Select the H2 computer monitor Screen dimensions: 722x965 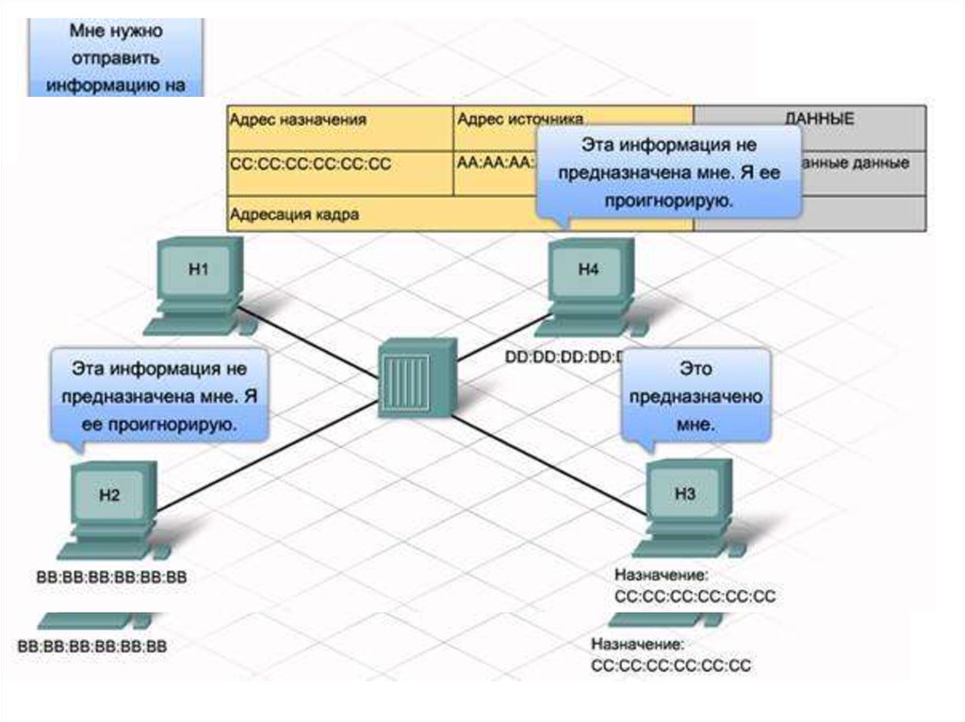110,496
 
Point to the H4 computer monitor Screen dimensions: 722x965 589,271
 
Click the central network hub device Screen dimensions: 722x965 416,377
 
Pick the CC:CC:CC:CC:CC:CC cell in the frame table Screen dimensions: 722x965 311,164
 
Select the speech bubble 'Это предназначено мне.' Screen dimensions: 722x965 695,396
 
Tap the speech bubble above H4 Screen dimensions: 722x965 668,173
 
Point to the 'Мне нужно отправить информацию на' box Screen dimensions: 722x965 116,56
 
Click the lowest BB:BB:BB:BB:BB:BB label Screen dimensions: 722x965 92,647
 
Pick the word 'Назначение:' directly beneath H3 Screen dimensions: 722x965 661,574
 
